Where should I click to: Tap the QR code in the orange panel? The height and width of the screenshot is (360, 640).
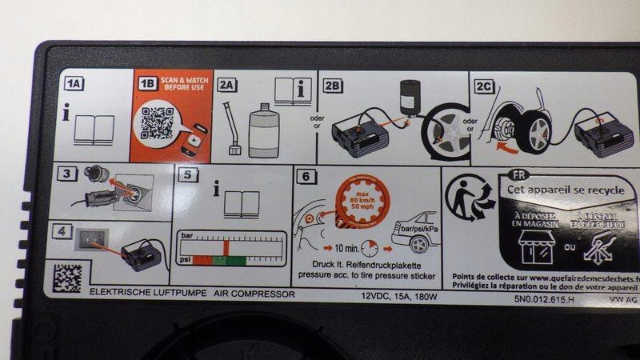pyautogui.click(x=157, y=123)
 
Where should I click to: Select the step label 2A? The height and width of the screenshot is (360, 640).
pyautogui.click(x=227, y=84)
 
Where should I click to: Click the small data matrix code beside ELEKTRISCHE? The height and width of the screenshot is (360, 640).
pyautogui.click(x=66, y=278)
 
